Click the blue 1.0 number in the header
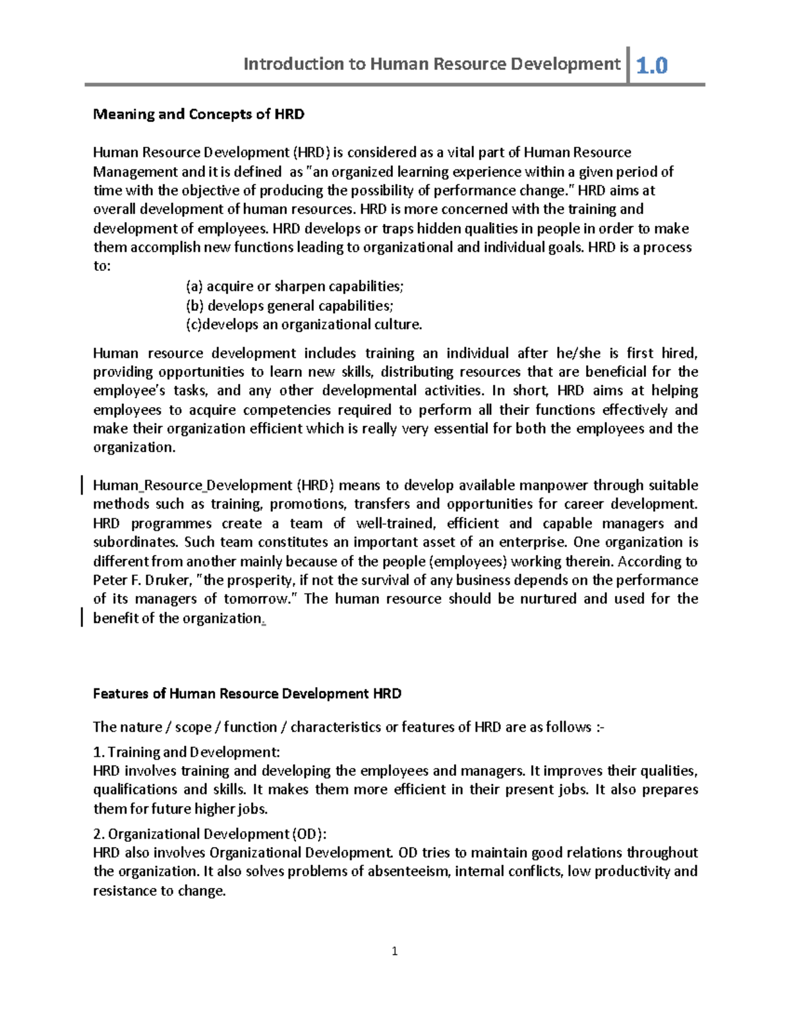(x=652, y=65)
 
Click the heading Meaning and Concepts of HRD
(x=198, y=114)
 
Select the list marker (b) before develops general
(x=194, y=306)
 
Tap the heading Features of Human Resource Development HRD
(x=247, y=694)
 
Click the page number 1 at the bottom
(x=395, y=951)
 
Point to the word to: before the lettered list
(x=102, y=267)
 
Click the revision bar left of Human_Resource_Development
(x=81, y=486)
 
